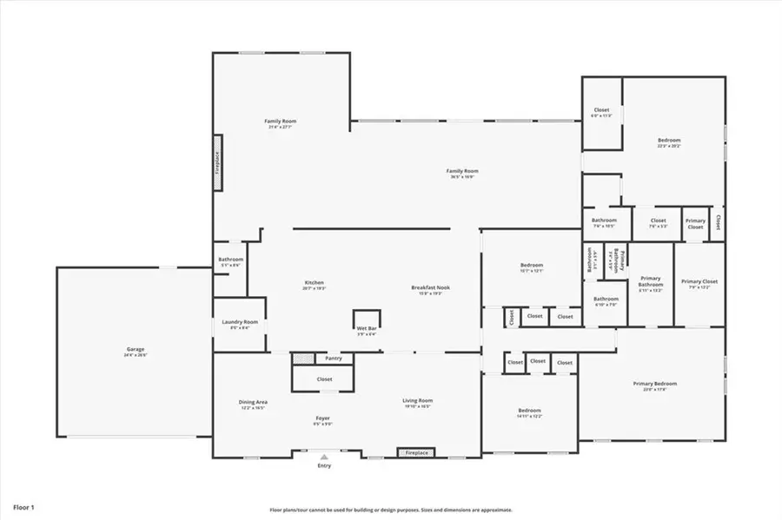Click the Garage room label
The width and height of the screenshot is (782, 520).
[136, 350]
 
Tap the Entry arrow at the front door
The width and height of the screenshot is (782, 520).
[324, 455]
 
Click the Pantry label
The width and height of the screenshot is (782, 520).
[333, 358]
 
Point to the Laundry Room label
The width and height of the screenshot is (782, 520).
[240, 322]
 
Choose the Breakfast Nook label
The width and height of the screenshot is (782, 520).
[431, 288]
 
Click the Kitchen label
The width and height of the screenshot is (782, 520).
[314, 283]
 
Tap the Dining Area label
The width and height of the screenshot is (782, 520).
[253, 402]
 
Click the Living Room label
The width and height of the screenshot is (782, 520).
[417, 401]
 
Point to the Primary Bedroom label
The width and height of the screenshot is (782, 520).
[654, 384]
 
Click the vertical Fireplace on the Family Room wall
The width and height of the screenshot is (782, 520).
[218, 162]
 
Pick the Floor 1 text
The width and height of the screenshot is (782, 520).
[24, 505]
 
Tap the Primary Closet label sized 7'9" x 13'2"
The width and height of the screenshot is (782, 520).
[699, 282]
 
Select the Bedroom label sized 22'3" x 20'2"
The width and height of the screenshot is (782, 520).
[668, 141]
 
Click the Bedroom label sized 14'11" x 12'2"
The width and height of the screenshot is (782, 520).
[529, 411]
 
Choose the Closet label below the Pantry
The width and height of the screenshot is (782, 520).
[324, 379]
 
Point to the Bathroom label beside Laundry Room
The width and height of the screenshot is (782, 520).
[230, 260]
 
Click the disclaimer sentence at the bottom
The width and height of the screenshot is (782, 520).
[391, 510]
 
